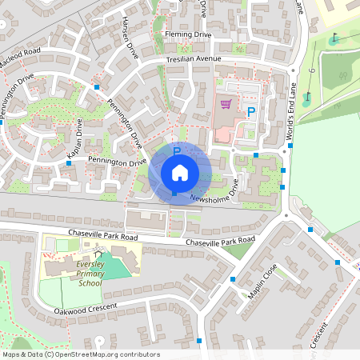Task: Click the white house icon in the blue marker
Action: [x=180, y=173]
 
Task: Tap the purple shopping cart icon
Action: [x=226, y=103]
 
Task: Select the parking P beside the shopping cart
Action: [x=250, y=113]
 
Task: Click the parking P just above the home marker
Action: [x=177, y=150]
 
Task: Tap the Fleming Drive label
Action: [x=188, y=35]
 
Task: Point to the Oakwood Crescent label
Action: [x=86, y=308]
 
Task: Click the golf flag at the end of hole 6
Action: [x=334, y=36]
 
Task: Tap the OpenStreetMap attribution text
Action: [x=80, y=354]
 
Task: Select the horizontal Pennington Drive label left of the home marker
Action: [x=118, y=162]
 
